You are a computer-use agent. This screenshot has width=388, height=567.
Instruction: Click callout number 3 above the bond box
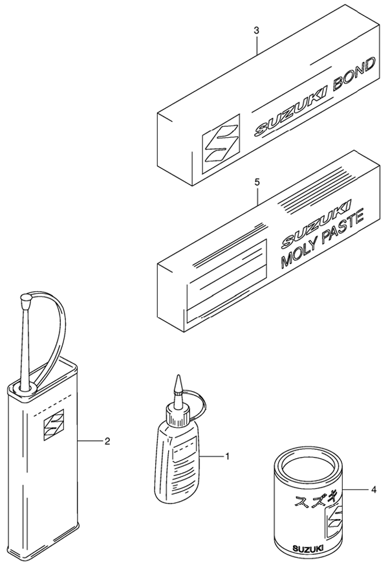pyautogui.click(x=256, y=30)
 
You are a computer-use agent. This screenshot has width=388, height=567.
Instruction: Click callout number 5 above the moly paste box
pyautogui.click(x=256, y=183)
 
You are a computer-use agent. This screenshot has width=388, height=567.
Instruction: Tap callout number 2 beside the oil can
pyautogui.click(x=107, y=441)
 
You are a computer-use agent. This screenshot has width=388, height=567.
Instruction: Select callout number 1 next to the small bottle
pyautogui.click(x=227, y=456)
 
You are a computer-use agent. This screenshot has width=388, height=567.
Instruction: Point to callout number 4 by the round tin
pyautogui.click(x=374, y=490)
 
